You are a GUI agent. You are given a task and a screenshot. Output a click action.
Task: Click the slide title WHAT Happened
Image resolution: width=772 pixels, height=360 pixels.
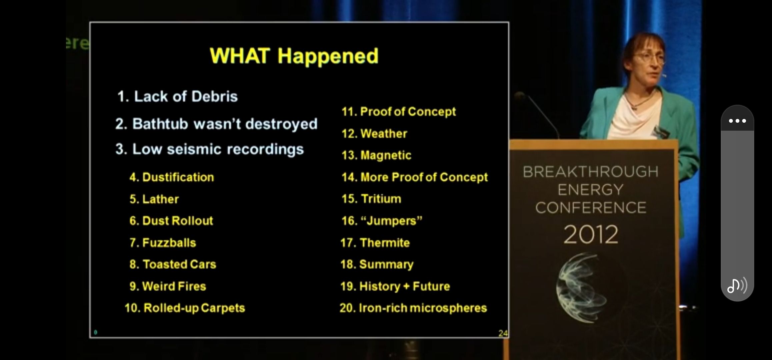click(294, 56)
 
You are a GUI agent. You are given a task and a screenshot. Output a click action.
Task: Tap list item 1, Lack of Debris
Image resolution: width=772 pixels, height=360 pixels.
click(177, 96)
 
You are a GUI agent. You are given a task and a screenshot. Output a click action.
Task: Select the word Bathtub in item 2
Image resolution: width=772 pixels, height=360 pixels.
click(160, 124)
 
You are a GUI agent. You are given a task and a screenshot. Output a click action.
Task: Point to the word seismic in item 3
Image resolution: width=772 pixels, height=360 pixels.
click(194, 149)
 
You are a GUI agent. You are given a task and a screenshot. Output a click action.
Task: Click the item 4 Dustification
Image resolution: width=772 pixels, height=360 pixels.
click(172, 177)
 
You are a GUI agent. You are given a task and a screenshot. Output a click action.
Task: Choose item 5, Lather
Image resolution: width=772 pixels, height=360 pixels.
click(154, 199)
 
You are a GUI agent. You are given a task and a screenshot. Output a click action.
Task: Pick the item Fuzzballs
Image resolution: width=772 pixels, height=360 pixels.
click(163, 242)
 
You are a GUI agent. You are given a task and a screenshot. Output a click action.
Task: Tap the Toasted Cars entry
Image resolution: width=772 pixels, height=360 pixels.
click(173, 264)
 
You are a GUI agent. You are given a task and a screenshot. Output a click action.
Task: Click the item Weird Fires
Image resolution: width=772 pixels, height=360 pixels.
click(168, 286)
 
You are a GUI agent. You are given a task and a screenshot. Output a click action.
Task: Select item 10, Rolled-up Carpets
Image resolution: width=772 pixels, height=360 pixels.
click(185, 308)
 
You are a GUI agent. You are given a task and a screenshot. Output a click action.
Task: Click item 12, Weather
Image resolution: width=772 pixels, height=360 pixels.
click(374, 133)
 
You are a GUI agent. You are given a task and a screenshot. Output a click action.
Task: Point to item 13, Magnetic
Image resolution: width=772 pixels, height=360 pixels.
click(376, 155)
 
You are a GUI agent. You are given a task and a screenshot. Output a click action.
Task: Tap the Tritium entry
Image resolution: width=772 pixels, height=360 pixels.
click(371, 199)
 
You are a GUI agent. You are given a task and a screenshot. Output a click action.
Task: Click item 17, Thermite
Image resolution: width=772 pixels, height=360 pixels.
click(375, 242)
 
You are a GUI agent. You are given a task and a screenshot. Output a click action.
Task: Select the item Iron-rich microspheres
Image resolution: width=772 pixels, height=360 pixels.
click(413, 308)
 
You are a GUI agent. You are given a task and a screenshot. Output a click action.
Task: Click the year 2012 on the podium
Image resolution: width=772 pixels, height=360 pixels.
click(591, 234)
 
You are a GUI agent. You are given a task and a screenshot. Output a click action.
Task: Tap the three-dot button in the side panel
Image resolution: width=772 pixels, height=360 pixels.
click(737, 121)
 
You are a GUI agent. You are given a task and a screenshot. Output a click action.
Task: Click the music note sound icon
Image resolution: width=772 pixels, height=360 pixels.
click(737, 286)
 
